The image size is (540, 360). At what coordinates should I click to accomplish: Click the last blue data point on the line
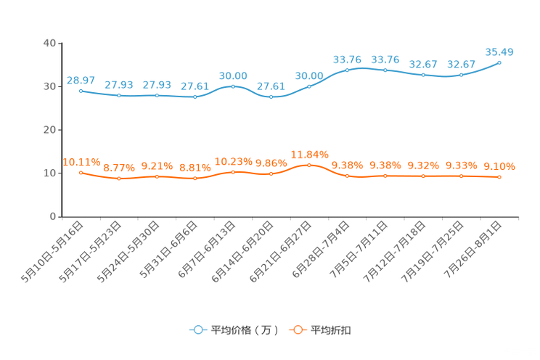tap(499, 62)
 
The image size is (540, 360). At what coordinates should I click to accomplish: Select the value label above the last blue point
tap(499, 52)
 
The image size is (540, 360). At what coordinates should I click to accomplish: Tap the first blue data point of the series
tap(81, 91)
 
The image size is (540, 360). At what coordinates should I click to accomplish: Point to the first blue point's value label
tap(80, 80)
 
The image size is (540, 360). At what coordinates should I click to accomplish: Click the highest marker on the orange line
tap(309, 165)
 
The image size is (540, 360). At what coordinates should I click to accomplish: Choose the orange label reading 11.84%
tap(309, 154)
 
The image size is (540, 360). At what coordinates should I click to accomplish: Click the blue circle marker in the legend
tap(197, 330)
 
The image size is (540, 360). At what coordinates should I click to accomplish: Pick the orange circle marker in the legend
tap(298, 330)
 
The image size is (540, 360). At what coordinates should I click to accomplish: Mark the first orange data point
tap(81, 172)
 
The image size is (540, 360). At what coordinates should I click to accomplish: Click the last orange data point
tap(499, 176)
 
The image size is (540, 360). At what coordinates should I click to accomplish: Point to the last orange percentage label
tap(499, 166)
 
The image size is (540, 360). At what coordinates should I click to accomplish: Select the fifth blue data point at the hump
tap(233, 86)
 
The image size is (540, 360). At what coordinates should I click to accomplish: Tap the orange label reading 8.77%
tap(118, 168)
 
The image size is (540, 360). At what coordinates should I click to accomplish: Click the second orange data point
tap(118, 178)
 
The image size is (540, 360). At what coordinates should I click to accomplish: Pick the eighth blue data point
tap(347, 70)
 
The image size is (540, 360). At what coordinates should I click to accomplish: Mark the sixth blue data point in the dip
tap(271, 97)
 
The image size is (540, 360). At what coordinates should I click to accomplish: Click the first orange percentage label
tap(81, 162)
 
